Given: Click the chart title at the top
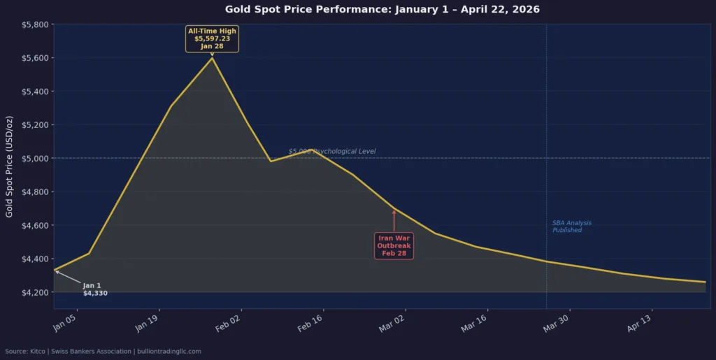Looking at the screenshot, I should tap(382, 10).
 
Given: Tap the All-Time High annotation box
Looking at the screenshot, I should tap(212, 38).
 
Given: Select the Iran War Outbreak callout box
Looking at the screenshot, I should tap(394, 245).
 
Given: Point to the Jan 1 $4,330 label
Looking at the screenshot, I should tap(94, 289).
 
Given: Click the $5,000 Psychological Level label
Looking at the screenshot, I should tap(332, 151).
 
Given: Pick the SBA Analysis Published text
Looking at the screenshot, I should tap(571, 226).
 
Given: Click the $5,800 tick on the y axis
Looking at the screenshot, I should tap(35, 24).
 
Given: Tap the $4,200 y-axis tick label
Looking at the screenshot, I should tap(35, 292).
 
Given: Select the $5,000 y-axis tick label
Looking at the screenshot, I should tap(35, 159).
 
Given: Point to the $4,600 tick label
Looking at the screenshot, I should tap(35, 225).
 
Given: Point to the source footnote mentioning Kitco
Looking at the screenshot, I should tap(103, 351).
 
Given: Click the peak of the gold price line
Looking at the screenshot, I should tap(212, 58).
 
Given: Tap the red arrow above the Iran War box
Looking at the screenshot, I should tap(394, 220).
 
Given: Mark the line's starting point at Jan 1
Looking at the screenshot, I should tap(55, 271).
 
